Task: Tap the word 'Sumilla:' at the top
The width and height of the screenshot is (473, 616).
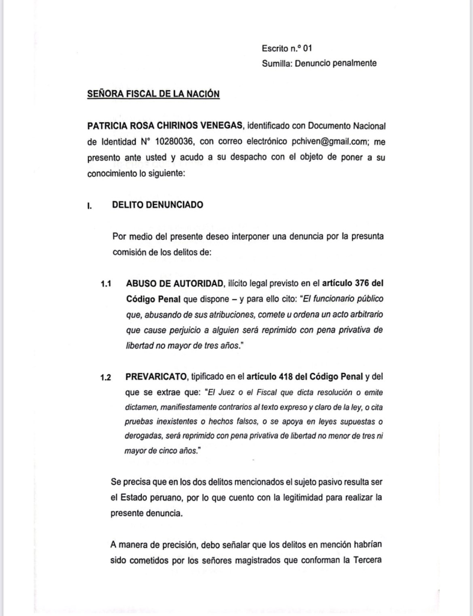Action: coord(277,63)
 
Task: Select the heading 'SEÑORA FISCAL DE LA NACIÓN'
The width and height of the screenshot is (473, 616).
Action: coord(153,94)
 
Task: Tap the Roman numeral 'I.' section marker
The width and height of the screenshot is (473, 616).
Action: coord(90,205)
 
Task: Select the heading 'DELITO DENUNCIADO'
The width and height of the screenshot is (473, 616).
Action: coord(158,205)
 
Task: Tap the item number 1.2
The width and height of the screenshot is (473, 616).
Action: coord(107,378)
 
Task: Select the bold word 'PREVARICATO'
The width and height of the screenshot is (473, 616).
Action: coord(156,378)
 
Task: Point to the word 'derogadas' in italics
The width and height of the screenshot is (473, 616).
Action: coord(144,439)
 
